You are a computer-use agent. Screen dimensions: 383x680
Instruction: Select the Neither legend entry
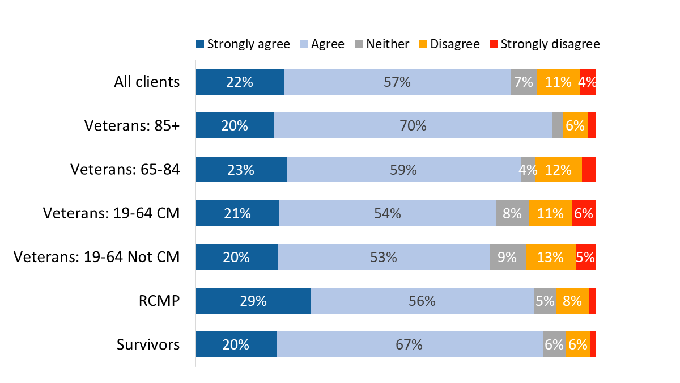(381, 44)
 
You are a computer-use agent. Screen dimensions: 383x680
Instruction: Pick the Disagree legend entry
(449, 44)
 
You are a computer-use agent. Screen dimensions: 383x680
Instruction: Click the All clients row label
(147, 82)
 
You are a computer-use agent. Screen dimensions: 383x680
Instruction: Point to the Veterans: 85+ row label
(131, 125)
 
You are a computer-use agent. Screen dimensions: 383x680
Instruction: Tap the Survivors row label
(148, 344)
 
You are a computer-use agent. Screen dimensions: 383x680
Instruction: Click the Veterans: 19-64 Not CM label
(96, 257)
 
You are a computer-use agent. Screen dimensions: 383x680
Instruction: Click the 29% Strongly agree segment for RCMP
(253, 301)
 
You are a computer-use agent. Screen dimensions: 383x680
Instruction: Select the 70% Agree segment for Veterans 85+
(413, 125)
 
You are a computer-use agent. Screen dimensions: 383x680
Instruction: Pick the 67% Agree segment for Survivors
(409, 344)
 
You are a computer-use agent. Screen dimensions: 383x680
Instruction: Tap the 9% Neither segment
(507, 257)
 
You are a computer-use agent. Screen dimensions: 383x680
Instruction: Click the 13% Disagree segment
(550, 257)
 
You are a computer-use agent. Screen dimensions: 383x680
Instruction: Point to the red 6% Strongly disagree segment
(584, 213)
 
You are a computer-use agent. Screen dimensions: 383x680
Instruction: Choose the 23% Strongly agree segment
(241, 169)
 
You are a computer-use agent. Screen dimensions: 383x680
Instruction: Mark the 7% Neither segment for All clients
(524, 82)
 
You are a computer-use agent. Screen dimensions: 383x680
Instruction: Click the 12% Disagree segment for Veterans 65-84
(558, 169)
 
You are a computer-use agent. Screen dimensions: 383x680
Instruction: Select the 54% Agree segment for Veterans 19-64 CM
(388, 213)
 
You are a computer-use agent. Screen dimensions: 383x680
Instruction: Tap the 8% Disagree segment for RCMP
(572, 301)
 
